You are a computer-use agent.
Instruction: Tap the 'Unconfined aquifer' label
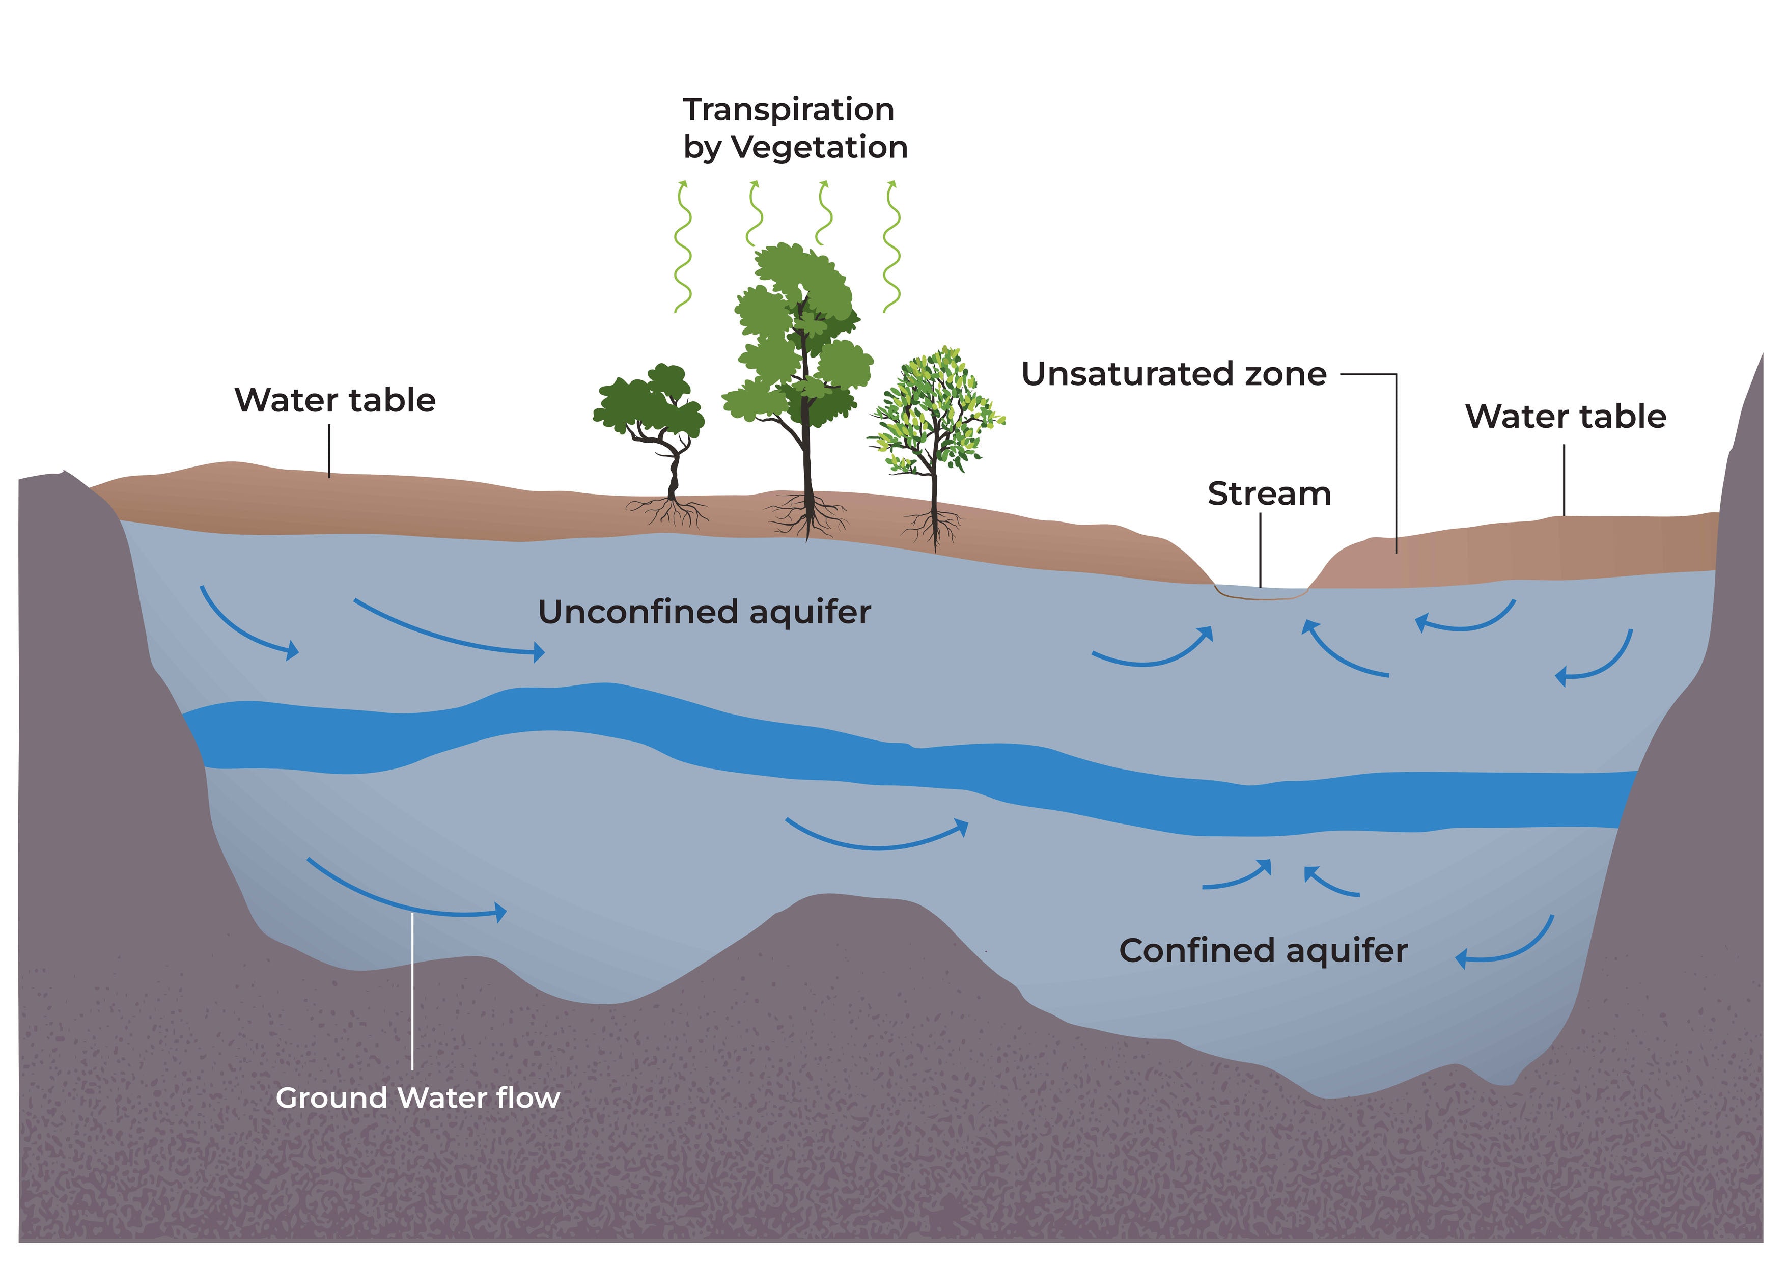tap(704, 613)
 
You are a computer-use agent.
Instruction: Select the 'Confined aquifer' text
tap(1263, 950)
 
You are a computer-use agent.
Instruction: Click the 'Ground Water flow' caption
tap(417, 1098)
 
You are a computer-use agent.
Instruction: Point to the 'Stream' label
tap(1269, 494)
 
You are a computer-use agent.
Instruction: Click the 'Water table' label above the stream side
tap(1565, 416)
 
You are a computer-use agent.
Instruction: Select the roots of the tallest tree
tap(807, 517)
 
